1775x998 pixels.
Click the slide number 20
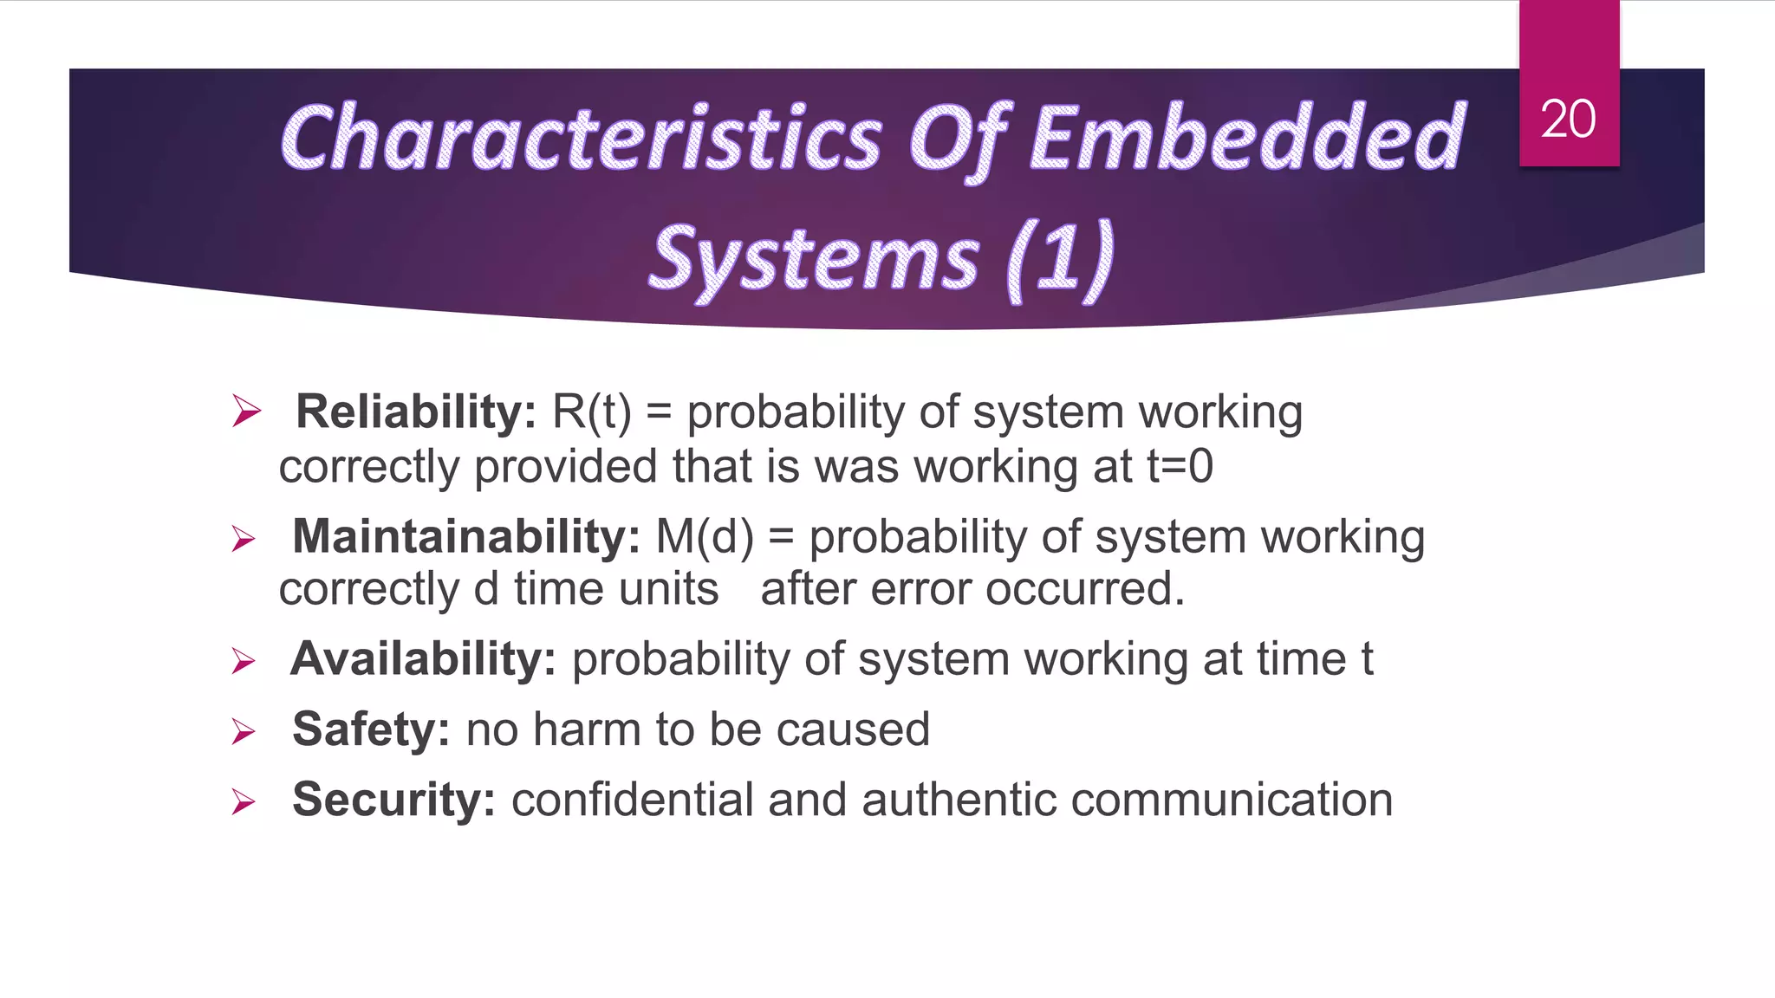pos(1568,119)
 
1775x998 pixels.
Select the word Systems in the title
pos(815,259)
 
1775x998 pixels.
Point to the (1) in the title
pos(1061,259)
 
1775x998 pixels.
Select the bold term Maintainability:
pos(466,536)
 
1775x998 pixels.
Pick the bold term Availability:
pos(423,659)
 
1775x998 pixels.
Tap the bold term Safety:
pos(371,729)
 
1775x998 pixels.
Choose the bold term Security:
pos(393,800)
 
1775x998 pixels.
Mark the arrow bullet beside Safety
pos(244,732)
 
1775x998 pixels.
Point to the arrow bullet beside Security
pos(244,802)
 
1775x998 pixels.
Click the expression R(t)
pos(592,412)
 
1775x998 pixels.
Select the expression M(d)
pos(705,536)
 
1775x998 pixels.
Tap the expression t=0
pos(1180,467)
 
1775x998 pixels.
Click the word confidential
pos(632,800)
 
